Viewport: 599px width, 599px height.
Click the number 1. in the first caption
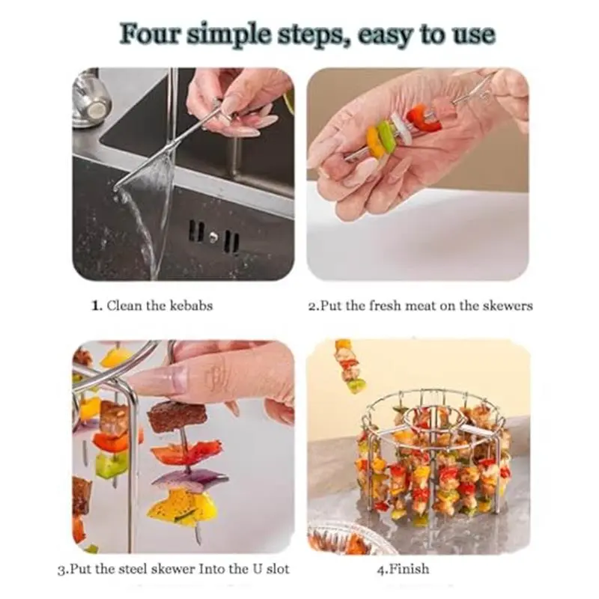coord(97,306)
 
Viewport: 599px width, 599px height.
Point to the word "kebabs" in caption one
coord(191,305)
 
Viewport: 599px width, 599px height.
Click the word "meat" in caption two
coord(421,305)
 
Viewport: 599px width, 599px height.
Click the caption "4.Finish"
coord(403,569)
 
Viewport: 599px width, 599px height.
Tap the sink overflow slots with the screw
coord(214,237)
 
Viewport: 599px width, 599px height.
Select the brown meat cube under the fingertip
coord(177,415)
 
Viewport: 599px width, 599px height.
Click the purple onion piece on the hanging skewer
coord(190,481)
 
